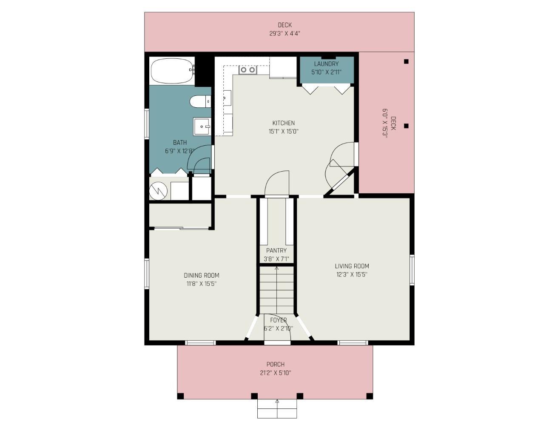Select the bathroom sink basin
[x=202, y=126]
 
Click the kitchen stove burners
[x=248, y=70]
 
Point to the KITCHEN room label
[x=284, y=123]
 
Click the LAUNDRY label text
[x=326, y=64]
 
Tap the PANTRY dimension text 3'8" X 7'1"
[x=276, y=259]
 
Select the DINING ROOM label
[x=202, y=275]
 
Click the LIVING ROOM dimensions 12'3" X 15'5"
[x=352, y=275]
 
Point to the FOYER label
[x=278, y=320]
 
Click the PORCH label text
[x=276, y=364]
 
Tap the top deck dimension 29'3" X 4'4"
[x=285, y=33]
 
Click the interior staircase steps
[x=276, y=290]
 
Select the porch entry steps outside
[x=277, y=409]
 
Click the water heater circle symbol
[x=159, y=191]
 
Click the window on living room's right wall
[x=412, y=270]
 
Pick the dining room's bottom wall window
[x=200, y=342]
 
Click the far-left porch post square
[x=181, y=396]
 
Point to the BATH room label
[x=180, y=142]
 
